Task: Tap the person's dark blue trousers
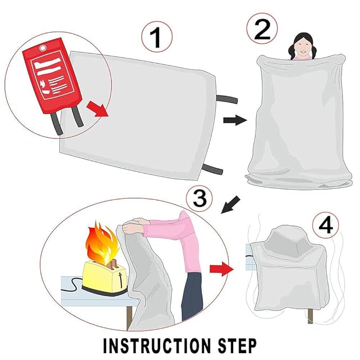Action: [x=192, y=297]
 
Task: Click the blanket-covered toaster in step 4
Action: [x=286, y=265]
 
